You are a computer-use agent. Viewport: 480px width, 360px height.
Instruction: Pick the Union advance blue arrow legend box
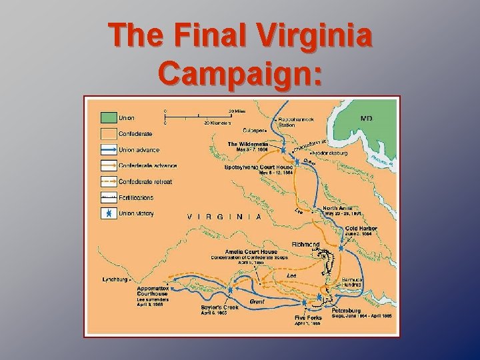coord(107,149)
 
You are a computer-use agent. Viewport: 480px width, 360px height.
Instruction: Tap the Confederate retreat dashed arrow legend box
coord(107,181)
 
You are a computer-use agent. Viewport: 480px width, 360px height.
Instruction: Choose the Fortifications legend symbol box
coord(107,197)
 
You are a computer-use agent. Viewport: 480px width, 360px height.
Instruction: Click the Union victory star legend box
coord(107,213)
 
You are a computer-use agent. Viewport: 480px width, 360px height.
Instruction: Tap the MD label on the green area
coord(366,118)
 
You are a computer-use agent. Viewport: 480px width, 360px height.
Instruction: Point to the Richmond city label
coord(305,245)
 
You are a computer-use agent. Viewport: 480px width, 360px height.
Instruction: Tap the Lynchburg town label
coord(115,279)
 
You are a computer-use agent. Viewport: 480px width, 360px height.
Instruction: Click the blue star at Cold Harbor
coord(341,247)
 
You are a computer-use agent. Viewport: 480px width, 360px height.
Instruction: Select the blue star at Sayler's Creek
coord(231,291)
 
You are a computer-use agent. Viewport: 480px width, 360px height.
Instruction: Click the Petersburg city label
coord(345,310)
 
